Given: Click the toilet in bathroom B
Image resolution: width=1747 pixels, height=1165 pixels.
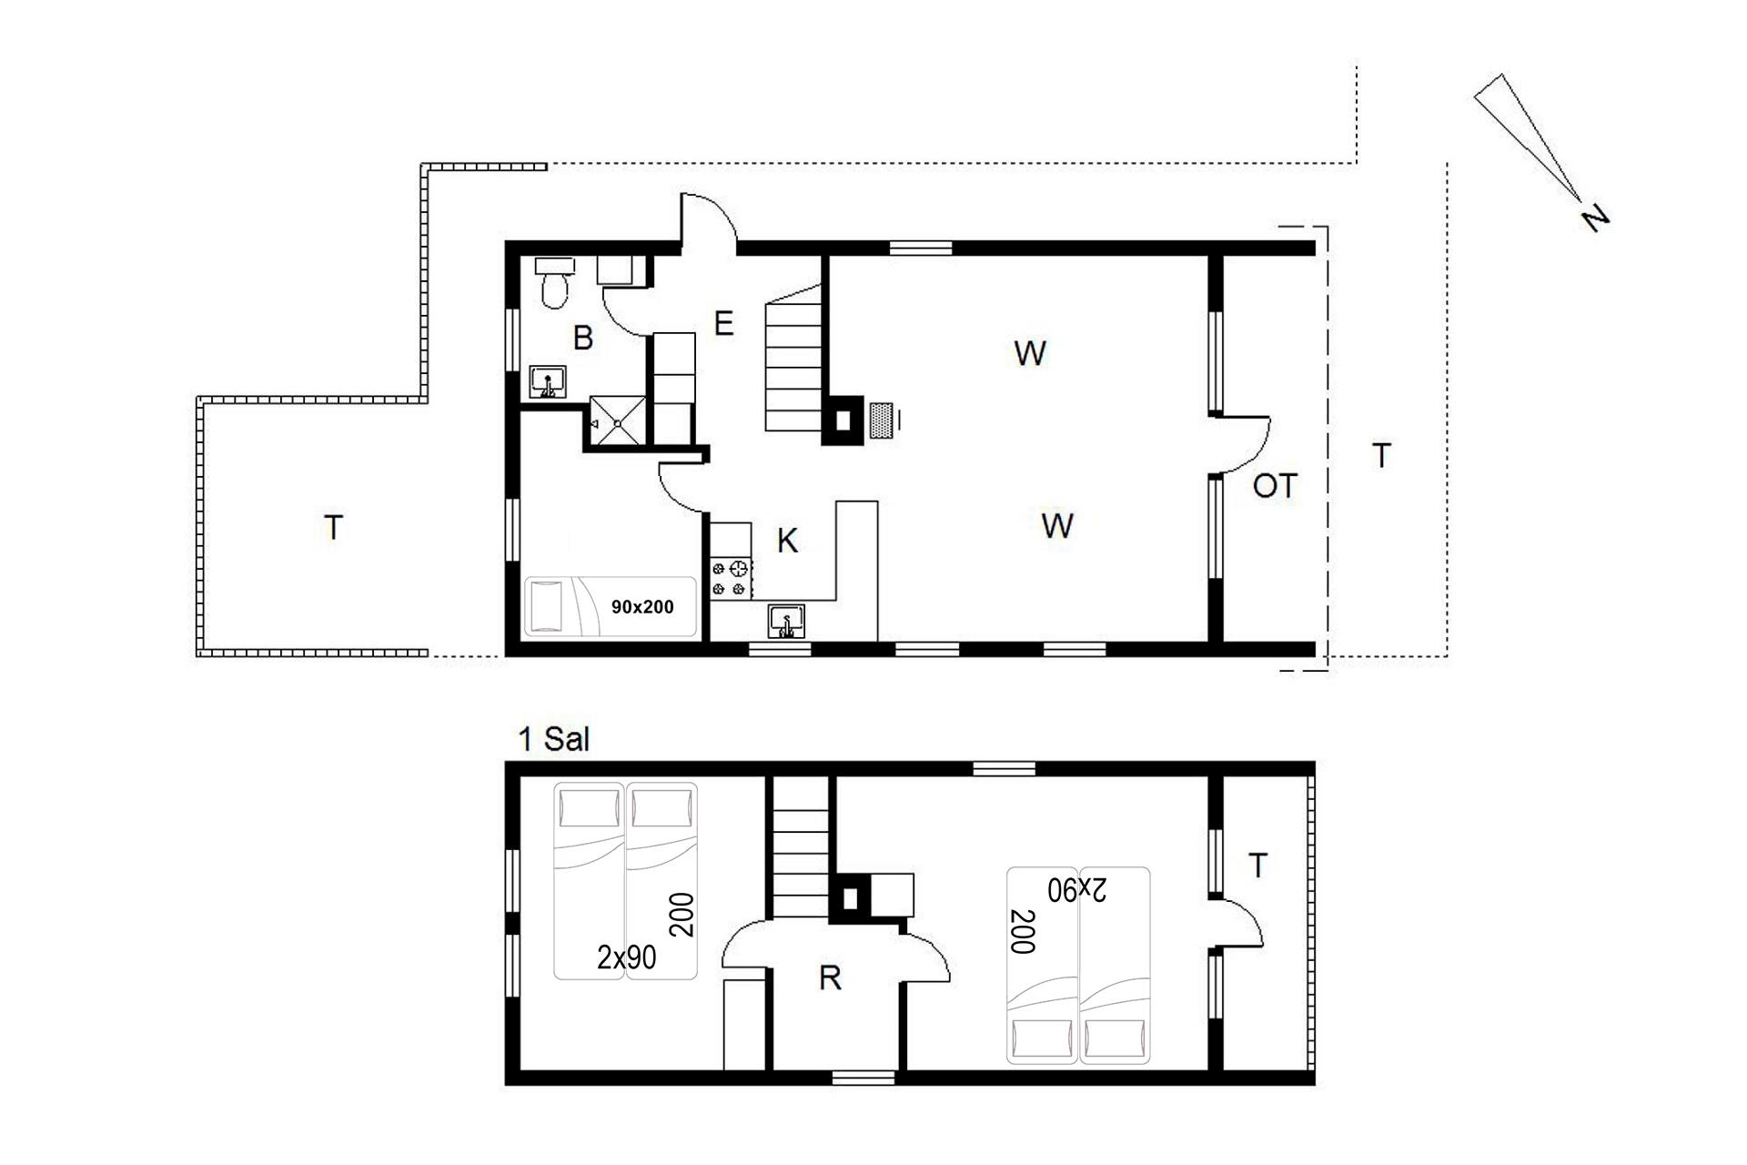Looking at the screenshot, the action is (x=554, y=282).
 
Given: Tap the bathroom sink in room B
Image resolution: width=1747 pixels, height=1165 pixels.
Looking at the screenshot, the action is (x=548, y=382).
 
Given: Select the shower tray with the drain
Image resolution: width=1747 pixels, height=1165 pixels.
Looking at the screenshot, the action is (x=618, y=421).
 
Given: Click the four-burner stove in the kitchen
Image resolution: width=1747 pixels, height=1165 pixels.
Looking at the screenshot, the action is (x=732, y=579).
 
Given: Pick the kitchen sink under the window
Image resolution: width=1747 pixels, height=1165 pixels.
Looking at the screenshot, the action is (x=786, y=623).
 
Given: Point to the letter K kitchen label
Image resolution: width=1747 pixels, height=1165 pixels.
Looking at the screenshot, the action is (x=787, y=542).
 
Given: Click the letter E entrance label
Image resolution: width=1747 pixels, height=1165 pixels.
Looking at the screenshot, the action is (x=723, y=323).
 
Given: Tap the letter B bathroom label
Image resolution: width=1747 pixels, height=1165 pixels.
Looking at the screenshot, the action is (x=583, y=338).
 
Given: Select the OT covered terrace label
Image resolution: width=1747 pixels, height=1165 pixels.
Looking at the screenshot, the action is (x=1274, y=487).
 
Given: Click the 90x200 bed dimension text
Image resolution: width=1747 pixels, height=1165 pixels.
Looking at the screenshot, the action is (x=642, y=607).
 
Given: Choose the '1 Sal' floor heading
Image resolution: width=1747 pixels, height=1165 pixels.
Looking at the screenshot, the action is (x=553, y=739).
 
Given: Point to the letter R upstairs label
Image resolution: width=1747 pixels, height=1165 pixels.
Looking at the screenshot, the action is (x=830, y=978).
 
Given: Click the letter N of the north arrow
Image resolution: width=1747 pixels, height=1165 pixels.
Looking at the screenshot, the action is (x=1595, y=218).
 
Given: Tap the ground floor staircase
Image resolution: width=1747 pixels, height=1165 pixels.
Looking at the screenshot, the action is (x=794, y=369).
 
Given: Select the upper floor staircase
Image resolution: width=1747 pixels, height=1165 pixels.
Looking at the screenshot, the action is (x=801, y=846).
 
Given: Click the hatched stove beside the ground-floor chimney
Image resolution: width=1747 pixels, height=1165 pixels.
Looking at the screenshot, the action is (x=881, y=420).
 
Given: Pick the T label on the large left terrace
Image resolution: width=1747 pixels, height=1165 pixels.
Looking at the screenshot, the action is (x=334, y=528).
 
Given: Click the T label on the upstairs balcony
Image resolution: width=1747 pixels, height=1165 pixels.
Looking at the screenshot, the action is (x=1257, y=866).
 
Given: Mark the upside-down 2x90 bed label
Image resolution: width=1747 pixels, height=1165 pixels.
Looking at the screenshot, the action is (x=1077, y=890).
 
